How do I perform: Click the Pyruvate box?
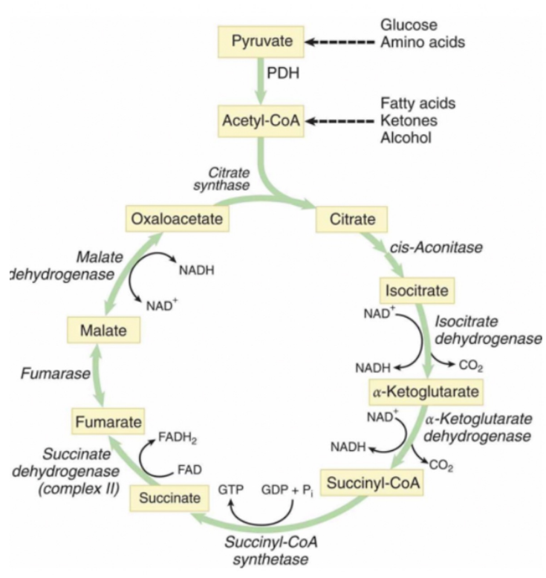(261, 41)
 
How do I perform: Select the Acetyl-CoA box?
(261, 119)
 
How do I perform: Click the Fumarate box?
(108, 422)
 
